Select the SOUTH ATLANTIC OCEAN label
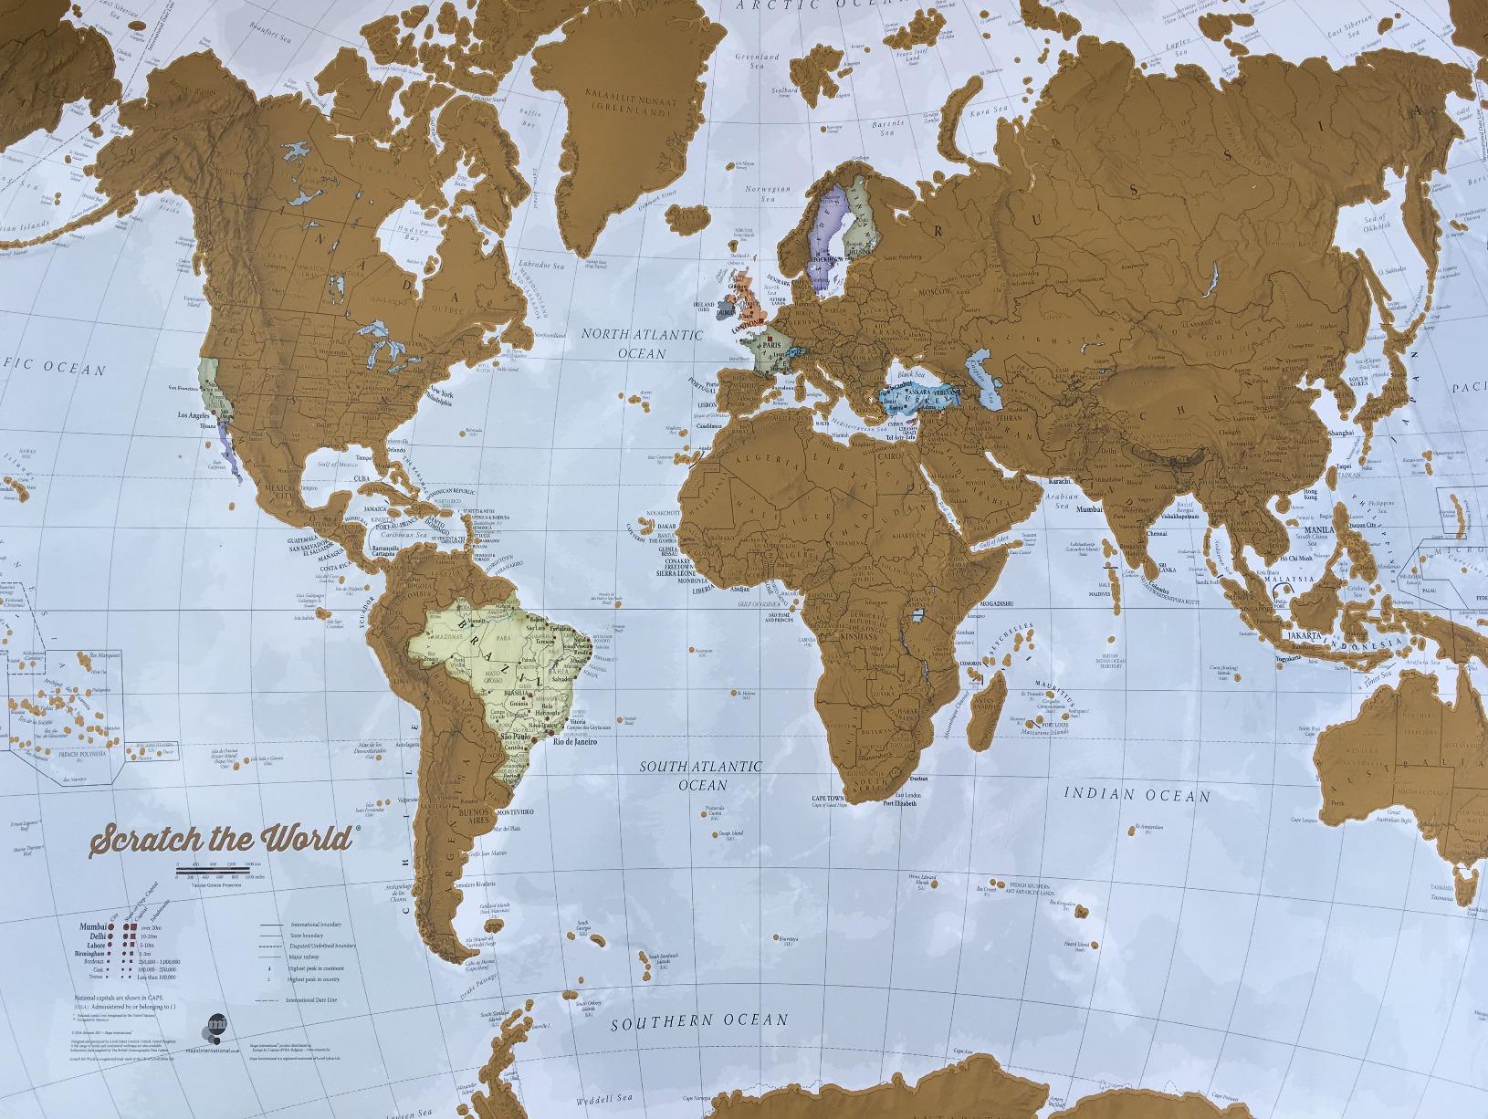pyautogui.click(x=700, y=776)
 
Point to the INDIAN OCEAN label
pyautogui.click(x=1137, y=794)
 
